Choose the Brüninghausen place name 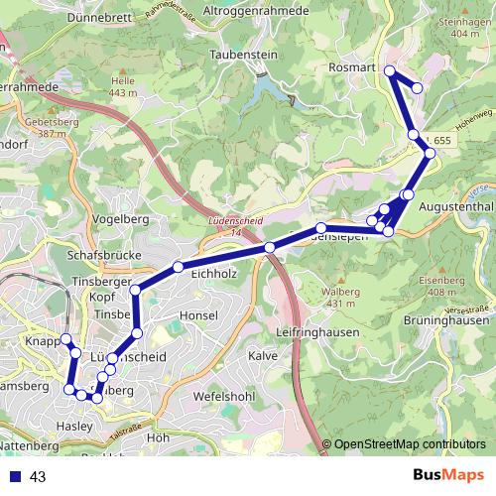tap(447, 320)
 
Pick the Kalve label tap(262, 355)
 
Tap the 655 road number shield tap(441, 143)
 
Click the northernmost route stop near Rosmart tap(390, 70)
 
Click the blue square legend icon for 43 tap(14, 477)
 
